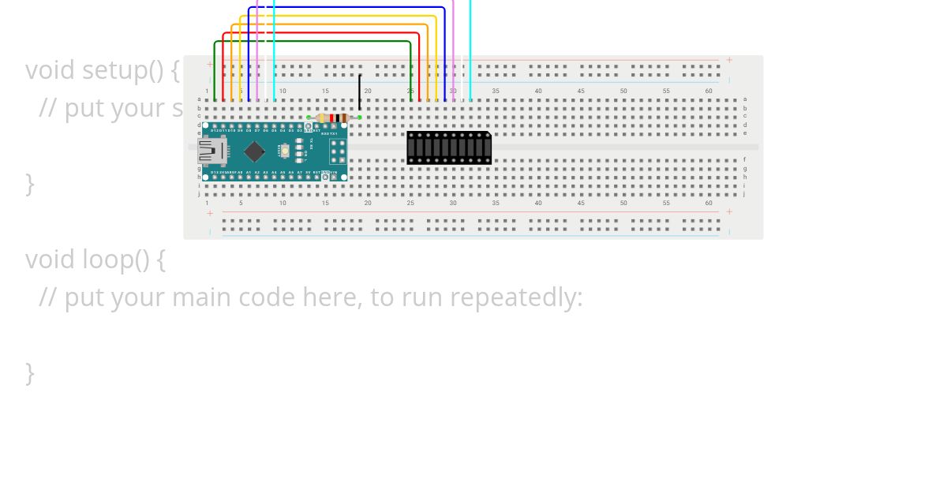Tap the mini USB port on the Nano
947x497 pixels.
click(211, 150)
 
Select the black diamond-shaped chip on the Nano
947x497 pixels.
click(255, 151)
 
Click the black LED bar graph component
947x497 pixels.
click(449, 148)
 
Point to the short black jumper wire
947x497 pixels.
click(360, 93)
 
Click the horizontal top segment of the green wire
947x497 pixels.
click(313, 42)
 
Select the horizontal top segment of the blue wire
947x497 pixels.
click(347, 8)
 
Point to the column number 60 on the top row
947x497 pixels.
click(709, 92)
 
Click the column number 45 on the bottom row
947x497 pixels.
click(581, 203)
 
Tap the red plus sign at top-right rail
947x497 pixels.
click(729, 60)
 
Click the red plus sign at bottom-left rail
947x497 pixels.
click(210, 213)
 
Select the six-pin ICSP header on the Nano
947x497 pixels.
click(338, 151)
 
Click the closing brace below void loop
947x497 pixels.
click(30, 372)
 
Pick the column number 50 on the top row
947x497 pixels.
click(623, 92)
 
